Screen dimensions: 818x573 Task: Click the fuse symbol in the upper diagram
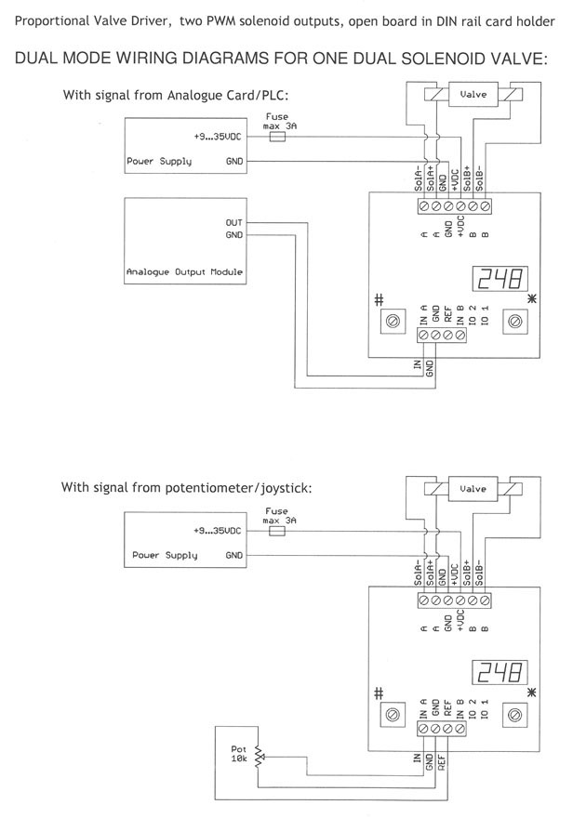pos(275,135)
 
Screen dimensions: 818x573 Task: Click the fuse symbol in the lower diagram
pos(275,533)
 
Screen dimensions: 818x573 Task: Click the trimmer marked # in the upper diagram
pos(393,321)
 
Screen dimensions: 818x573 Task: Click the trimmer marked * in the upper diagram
pos(513,321)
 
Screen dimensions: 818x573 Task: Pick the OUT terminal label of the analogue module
pos(233,223)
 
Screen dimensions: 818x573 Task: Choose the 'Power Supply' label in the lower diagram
pos(159,555)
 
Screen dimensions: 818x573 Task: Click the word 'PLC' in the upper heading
pos(275,94)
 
